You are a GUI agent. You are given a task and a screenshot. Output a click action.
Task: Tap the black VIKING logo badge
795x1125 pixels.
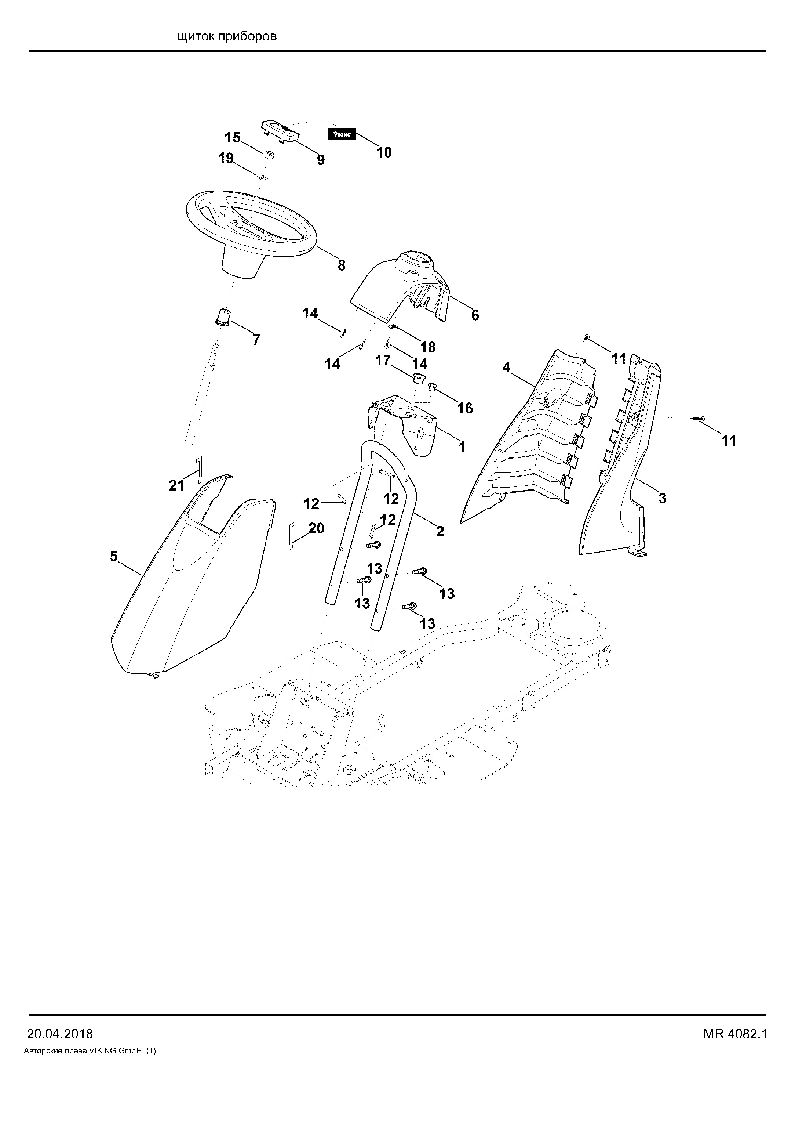[x=342, y=134]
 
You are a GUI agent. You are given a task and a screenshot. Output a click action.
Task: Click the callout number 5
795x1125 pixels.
[x=114, y=556]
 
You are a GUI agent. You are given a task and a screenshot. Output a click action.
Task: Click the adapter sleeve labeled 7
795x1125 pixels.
[x=223, y=318]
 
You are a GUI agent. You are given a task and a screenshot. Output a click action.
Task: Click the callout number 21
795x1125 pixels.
[x=176, y=485]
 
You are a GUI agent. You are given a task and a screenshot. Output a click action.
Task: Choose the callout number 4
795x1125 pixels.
[x=506, y=366]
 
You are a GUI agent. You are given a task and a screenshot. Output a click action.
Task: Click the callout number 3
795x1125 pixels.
[x=662, y=498]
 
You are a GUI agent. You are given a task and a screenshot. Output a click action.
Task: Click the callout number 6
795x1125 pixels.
[x=475, y=315]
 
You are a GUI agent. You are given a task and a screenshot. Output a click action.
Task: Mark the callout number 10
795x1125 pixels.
[x=384, y=152]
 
